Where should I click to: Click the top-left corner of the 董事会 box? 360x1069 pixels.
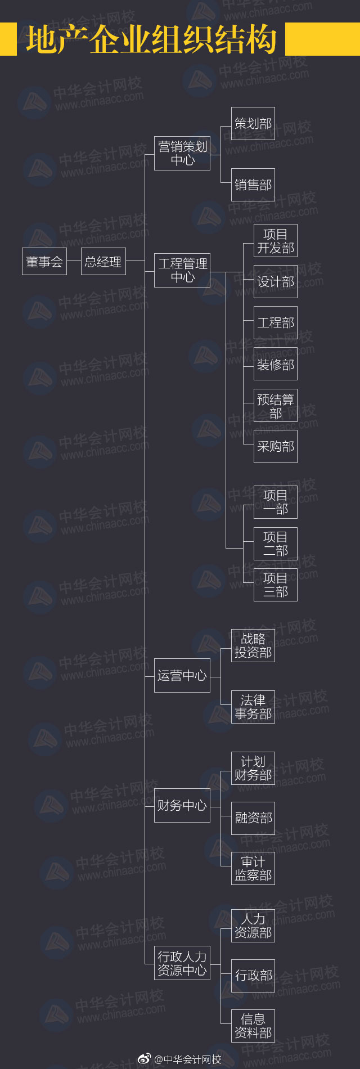22,248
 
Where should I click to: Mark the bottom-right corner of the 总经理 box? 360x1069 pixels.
126,275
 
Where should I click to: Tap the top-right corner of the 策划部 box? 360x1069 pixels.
275,107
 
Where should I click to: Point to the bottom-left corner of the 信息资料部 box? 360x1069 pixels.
231,1043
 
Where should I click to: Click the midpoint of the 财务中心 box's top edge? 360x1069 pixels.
182,789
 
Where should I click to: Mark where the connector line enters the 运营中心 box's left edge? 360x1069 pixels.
154,675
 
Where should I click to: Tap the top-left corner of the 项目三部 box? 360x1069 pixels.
254,568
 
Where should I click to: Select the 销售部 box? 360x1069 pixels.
253,185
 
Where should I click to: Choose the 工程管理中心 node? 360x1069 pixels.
182,271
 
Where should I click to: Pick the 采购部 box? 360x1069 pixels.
276,447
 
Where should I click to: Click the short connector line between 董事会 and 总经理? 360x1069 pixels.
74,262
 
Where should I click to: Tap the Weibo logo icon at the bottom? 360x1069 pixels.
145,1059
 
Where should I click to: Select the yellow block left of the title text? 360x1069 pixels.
8,39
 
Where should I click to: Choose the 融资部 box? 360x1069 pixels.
253,818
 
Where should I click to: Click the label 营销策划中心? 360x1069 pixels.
183,154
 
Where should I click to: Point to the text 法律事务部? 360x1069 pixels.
253,707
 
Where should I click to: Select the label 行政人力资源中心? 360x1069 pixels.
182,963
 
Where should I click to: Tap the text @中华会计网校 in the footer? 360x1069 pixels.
187,1059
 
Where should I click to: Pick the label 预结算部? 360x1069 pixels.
276,406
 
